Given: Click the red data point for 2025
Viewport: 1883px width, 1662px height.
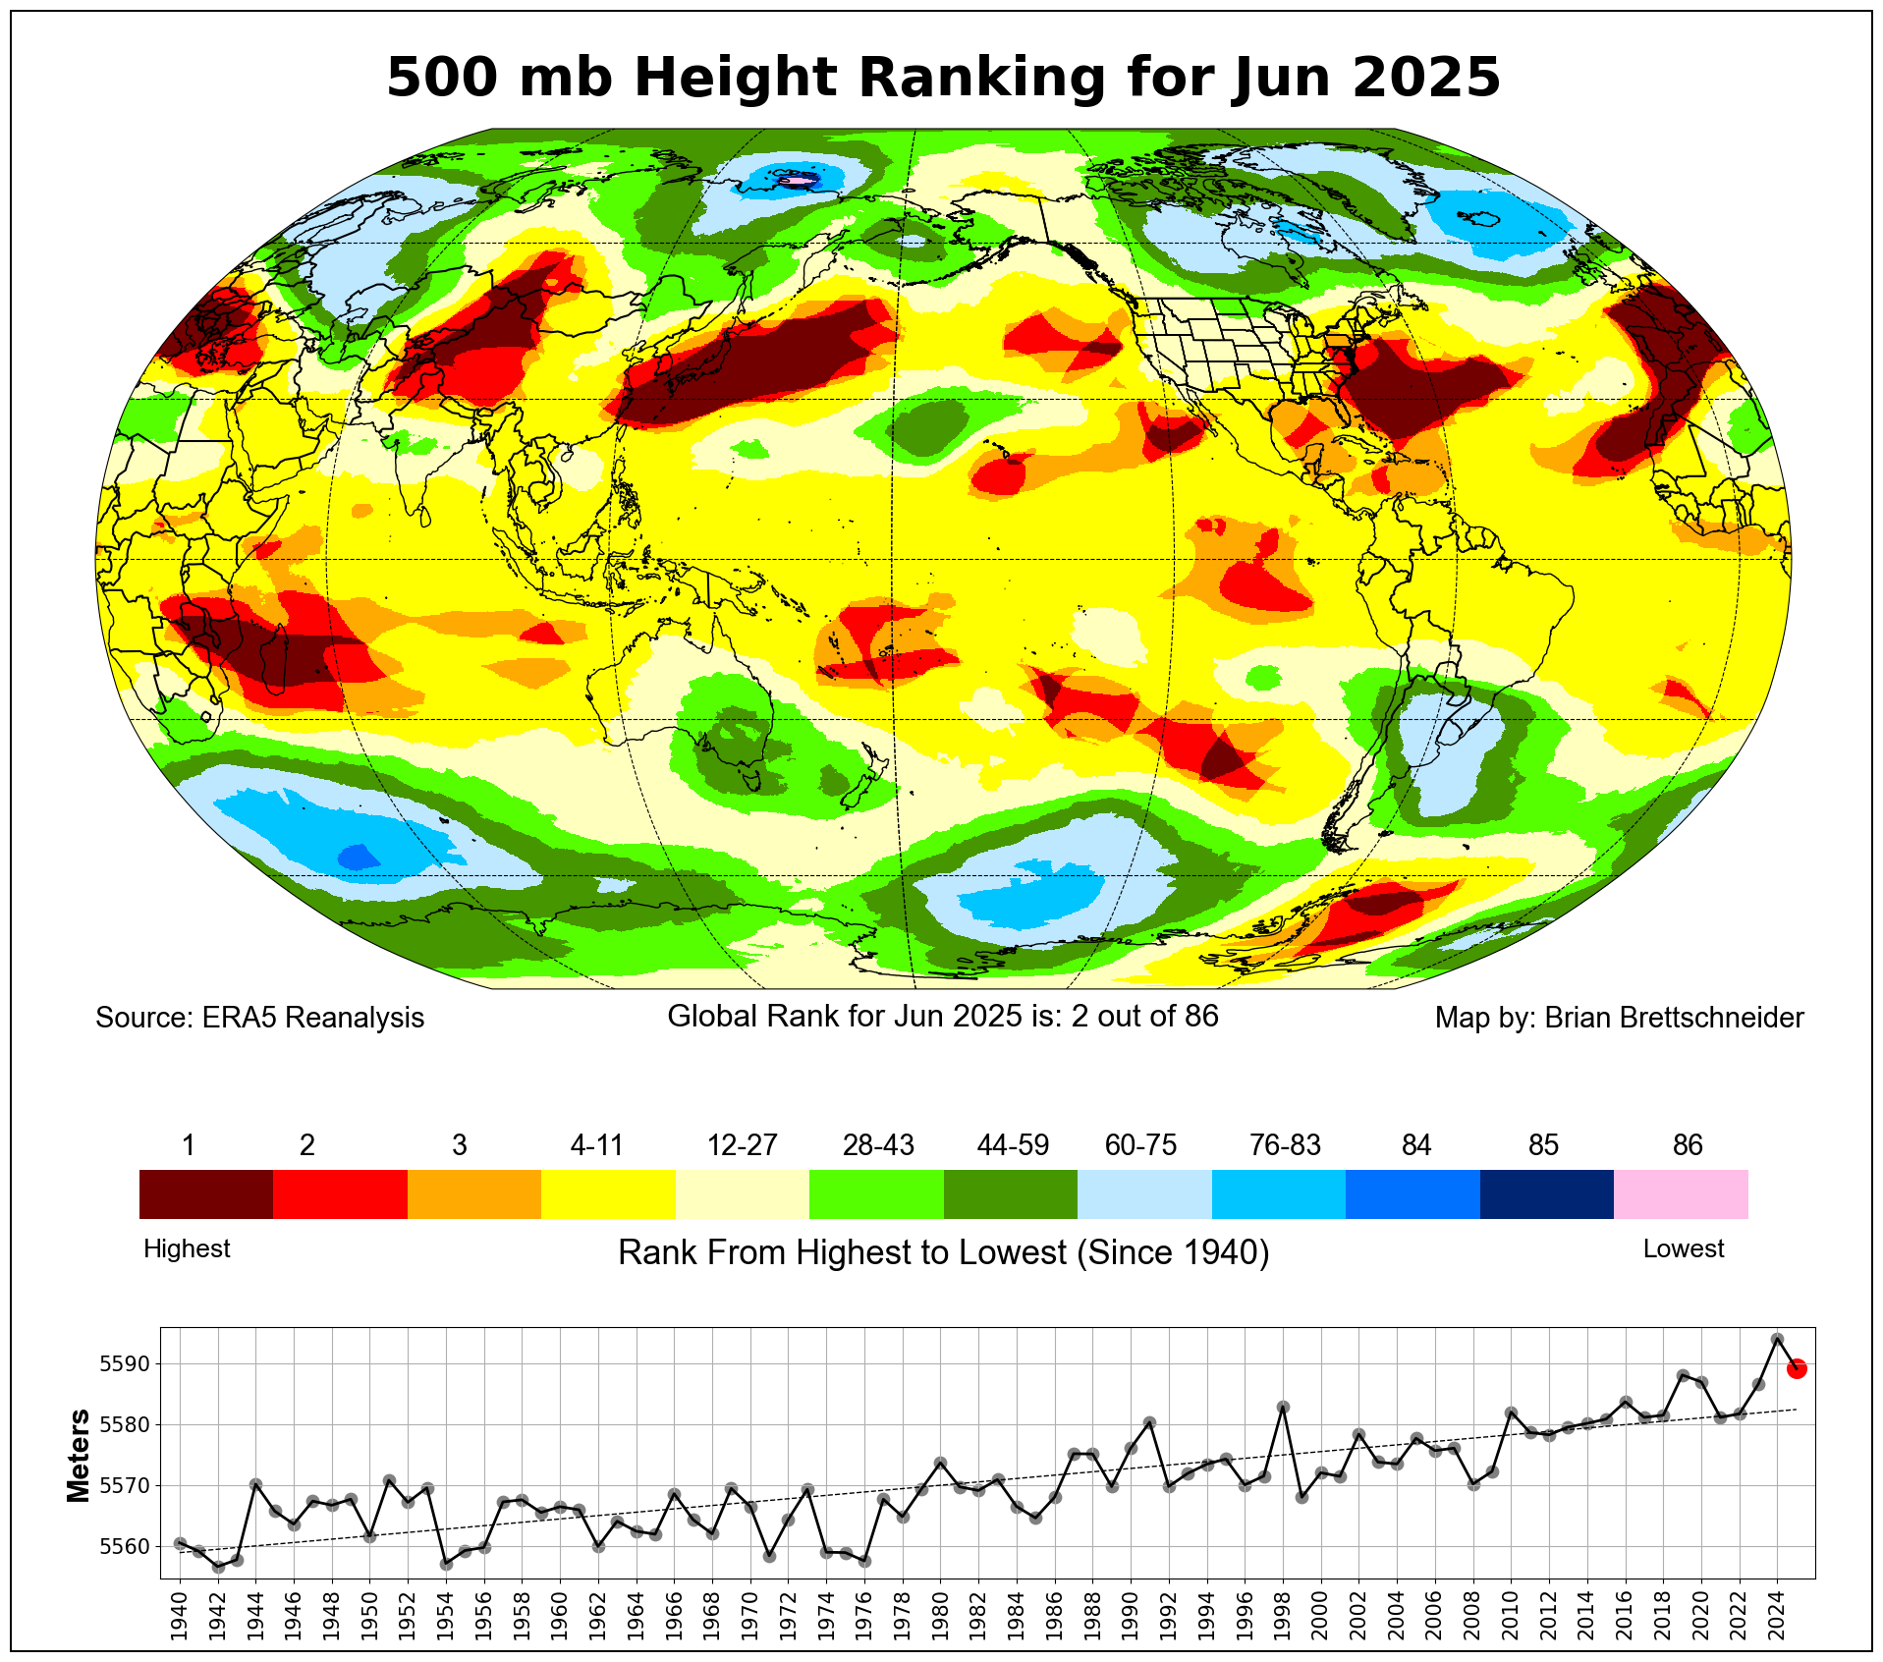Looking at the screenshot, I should point(1797,1368).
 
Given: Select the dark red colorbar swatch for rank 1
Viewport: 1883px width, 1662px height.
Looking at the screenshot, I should point(205,1193).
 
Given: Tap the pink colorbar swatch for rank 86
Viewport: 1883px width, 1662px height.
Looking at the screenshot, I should point(1681,1193).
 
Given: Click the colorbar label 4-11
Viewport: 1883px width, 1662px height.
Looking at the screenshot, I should point(597,1145).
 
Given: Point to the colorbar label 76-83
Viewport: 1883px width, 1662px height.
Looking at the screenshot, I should point(1285,1145).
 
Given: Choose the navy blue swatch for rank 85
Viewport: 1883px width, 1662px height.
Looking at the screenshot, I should point(1546,1193).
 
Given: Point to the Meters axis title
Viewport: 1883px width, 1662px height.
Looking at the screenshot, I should point(79,1456).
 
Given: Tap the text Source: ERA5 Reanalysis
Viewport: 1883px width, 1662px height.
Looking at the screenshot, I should point(259,1018).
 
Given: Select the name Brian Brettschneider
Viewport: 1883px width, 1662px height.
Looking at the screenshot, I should point(1674,1018).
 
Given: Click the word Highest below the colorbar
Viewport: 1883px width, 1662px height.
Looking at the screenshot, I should point(187,1248).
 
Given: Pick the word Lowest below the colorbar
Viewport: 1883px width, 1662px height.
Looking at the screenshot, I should point(1684,1248).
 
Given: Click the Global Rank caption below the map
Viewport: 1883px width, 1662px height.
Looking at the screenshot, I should point(943,1016).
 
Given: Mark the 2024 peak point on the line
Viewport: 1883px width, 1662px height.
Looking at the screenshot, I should point(1777,1339).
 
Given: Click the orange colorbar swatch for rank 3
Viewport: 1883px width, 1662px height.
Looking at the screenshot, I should point(473,1193).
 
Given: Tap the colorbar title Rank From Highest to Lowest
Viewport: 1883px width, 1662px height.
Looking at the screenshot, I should point(943,1252).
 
